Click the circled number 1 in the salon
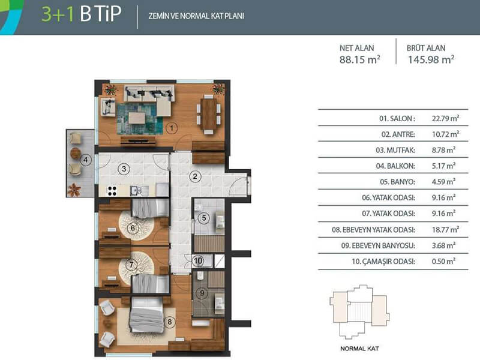[x=172, y=128]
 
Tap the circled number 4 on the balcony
[x=86, y=160]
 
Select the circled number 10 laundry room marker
[x=198, y=261]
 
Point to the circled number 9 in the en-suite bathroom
[x=202, y=293]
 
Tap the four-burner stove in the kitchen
[x=112, y=191]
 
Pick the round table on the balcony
[x=76, y=154]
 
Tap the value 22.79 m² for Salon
[x=445, y=118]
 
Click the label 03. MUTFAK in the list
[x=395, y=150]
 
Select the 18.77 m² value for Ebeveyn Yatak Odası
[x=445, y=229]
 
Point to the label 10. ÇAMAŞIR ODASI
[x=383, y=262]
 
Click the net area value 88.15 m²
[x=359, y=59]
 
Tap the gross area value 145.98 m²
[x=431, y=59]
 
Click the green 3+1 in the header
[x=58, y=14]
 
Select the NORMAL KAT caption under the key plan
[x=359, y=349]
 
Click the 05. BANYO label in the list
[x=397, y=182]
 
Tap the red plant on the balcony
[x=74, y=189]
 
